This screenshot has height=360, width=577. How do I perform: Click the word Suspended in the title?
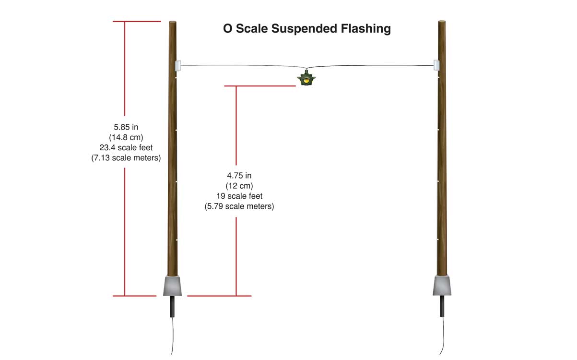pyautogui.click(x=304, y=29)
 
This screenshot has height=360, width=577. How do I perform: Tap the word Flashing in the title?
pyautogui.click(x=366, y=29)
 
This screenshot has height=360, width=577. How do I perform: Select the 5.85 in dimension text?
pyautogui.click(x=126, y=127)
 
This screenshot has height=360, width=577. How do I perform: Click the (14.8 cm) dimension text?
pyautogui.click(x=126, y=137)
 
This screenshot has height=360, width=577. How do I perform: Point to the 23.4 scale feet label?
pyautogui.click(x=126, y=148)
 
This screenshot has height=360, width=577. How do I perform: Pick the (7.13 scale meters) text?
pyautogui.click(x=126, y=158)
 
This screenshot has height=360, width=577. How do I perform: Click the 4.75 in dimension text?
pyautogui.click(x=239, y=176)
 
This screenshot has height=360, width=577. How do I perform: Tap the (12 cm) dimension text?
pyautogui.click(x=239, y=186)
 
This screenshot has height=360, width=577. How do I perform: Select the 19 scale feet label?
pyautogui.click(x=239, y=196)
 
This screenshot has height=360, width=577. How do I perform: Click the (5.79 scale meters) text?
pyautogui.click(x=239, y=206)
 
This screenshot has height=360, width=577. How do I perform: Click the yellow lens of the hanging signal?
pyautogui.click(x=306, y=81)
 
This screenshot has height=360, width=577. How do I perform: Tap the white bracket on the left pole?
pyautogui.click(x=178, y=65)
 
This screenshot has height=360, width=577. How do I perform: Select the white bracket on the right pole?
pyautogui.click(x=436, y=65)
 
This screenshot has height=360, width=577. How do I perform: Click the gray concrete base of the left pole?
pyautogui.click(x=172, y=286)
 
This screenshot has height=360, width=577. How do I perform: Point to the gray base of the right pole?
pyautogui.click(x=442, y=286)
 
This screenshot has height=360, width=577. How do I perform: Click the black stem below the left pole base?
pyautogui.click(x=172, y=306)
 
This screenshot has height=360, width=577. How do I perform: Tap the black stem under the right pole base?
pyautogui.click(x=442, y=306)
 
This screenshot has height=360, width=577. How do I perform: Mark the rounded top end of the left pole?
pyautogui.click(x=173, y=23)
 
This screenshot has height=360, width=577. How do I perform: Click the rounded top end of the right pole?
pyautogui.click(x=442, y=22)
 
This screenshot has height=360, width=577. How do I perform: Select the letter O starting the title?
pyautogui.click(x=228, y=29)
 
